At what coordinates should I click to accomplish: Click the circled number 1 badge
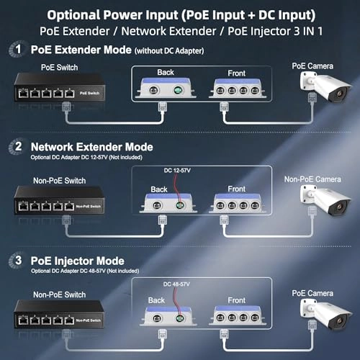15,50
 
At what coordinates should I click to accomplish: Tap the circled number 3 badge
15,261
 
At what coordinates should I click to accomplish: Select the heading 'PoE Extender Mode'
81,50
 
